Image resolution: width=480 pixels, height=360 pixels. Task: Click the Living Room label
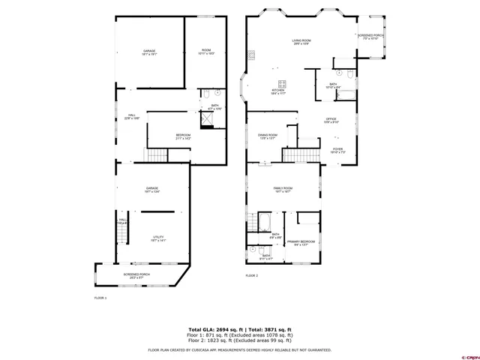point(301,43)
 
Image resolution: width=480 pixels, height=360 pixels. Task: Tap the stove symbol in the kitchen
point(282,83)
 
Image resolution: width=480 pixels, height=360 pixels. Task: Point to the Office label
point(331,120)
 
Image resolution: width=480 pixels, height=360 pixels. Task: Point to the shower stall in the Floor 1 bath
point(208,119)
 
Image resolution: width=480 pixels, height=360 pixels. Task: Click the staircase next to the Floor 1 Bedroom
point(155,156)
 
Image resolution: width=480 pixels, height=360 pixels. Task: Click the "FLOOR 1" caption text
point(100,298)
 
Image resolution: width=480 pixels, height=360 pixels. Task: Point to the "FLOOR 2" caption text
point(251,276)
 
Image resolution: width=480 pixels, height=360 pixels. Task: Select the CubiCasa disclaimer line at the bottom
point(240,349)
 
